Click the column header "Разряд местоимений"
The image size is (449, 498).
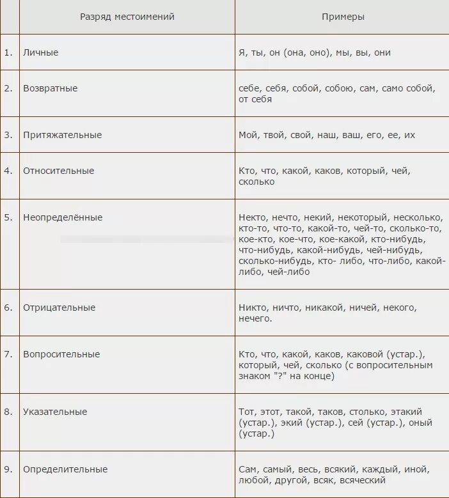[127, 17]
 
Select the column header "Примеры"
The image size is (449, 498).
[343, 17]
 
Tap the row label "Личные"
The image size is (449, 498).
[40, 52]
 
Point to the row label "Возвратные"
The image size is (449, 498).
[50, 88]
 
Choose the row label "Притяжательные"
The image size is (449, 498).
[62, 135]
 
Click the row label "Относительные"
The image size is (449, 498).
[58, 171]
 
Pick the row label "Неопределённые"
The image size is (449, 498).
[63, 217]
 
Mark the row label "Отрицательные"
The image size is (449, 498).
[59, 307]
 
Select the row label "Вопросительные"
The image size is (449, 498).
[61, 354]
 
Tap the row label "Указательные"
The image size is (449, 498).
[55, 412]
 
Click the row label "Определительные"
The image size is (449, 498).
[65, 469]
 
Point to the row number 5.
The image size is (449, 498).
[8, 217]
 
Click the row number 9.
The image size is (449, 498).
[8, 469]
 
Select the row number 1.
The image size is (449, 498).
[8, 52]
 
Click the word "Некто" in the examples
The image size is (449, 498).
[252, 217]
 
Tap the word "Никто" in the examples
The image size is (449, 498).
[252, 307]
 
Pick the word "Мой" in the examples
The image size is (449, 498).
[248, 135]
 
